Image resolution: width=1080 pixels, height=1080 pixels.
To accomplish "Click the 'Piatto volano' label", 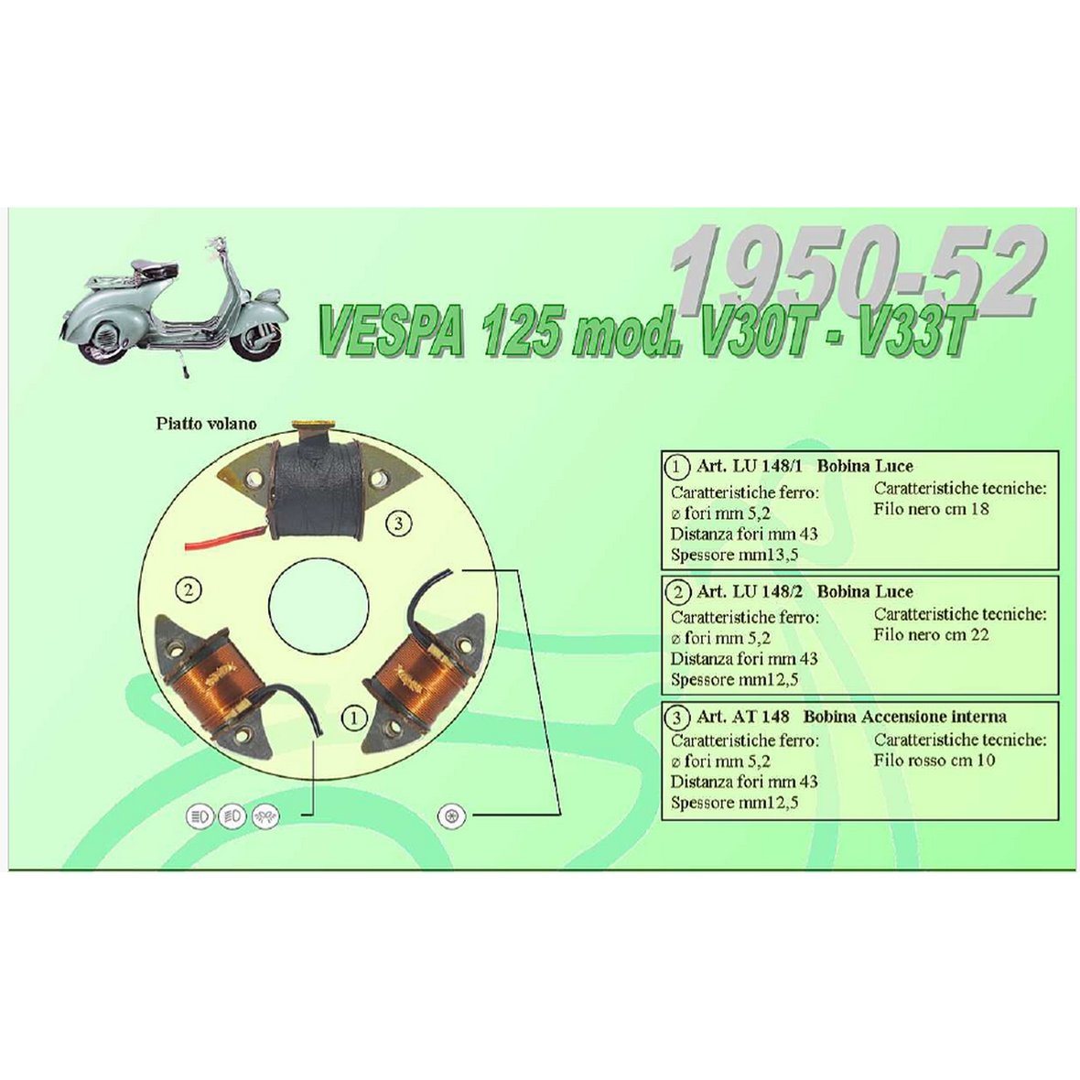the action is [206, 424].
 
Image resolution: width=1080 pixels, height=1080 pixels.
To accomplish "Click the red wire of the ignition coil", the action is [224, 538].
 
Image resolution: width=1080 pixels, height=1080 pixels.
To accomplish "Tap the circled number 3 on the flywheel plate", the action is [398, 524].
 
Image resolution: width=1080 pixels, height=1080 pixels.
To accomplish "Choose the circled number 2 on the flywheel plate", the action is [188, 590].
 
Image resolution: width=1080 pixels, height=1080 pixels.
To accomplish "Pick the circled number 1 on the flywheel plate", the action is [354, 718].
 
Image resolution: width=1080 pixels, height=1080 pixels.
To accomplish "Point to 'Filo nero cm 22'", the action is [931, 634].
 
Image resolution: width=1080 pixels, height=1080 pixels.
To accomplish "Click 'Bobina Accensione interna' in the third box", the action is [905, 717].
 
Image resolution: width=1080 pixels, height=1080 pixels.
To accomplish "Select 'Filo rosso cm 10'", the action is [934, 761].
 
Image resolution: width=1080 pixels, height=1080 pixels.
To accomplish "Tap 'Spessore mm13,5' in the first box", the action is [734, 555].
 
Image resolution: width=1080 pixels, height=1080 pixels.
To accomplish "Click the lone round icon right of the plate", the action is [452, 816].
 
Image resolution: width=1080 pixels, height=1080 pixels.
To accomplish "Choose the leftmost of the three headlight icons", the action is [200, 816].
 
